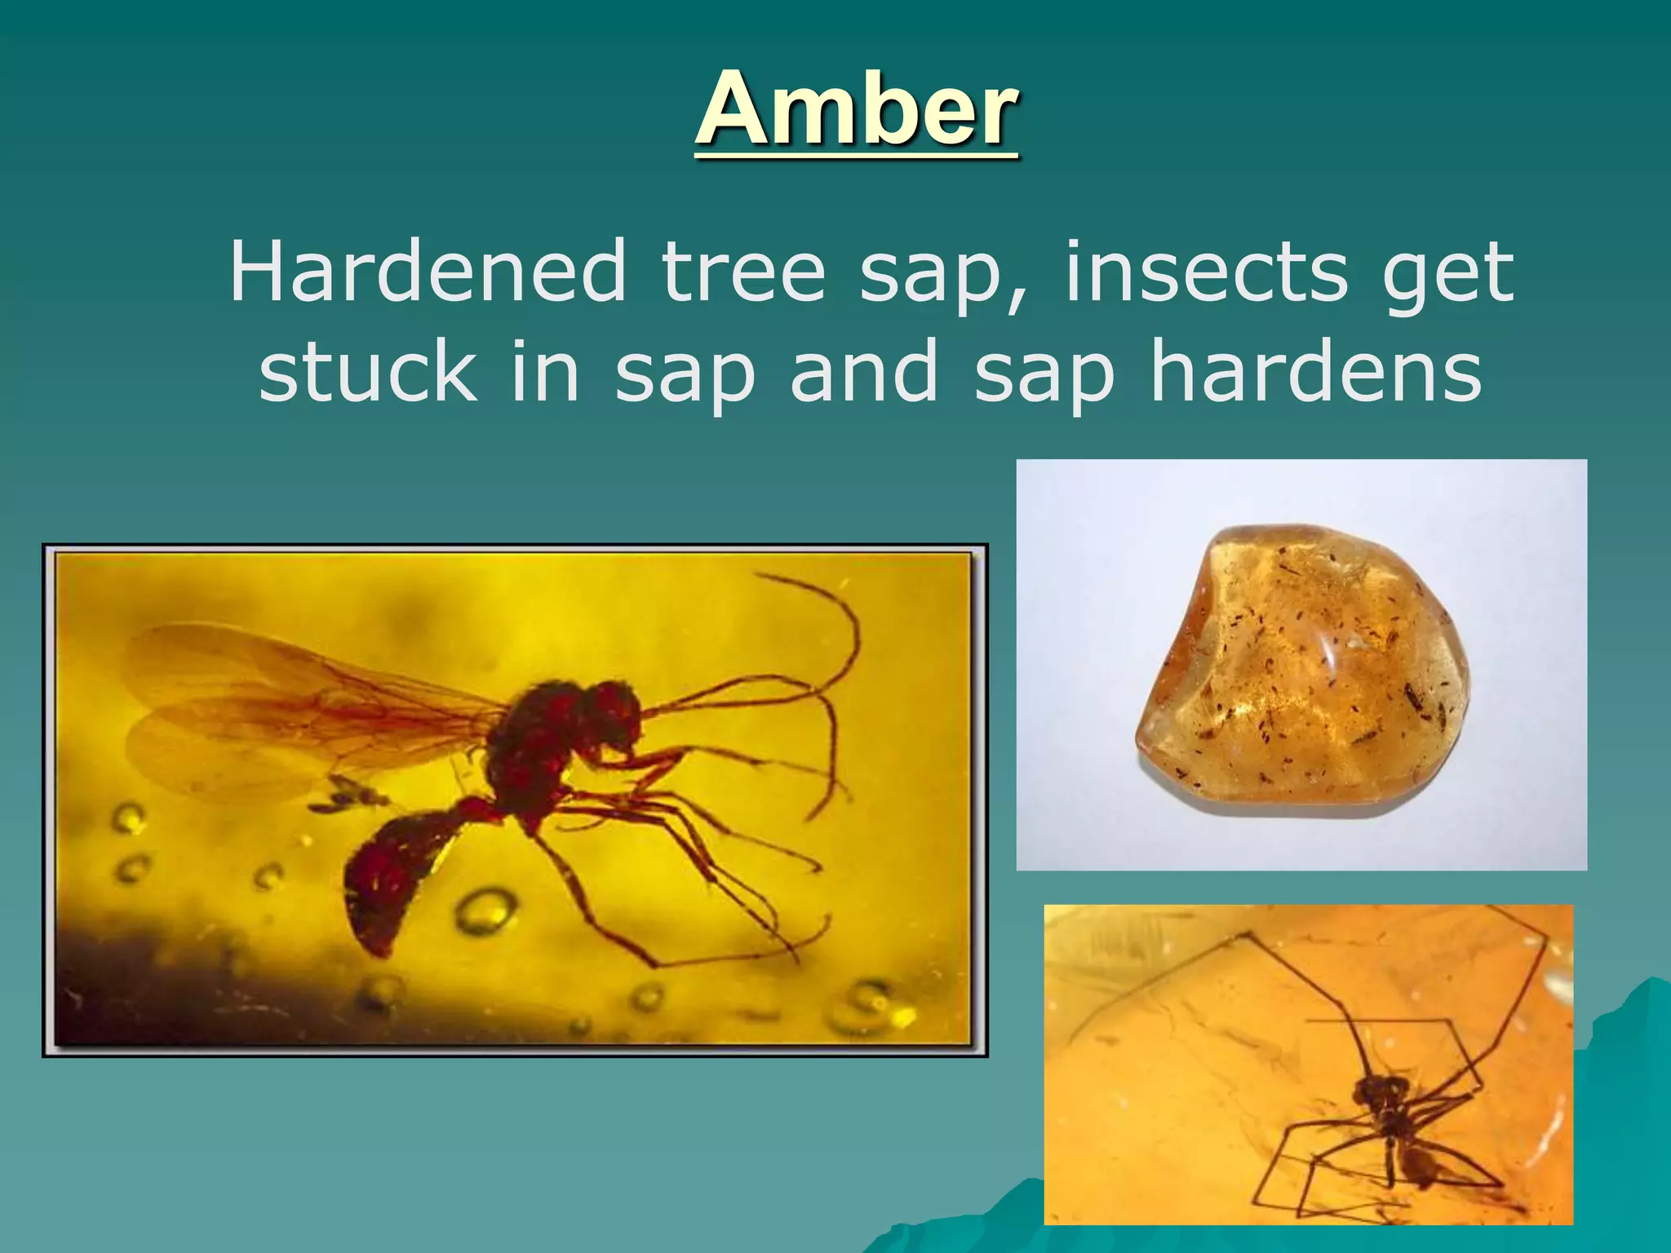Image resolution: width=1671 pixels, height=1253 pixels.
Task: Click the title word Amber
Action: point(856,109)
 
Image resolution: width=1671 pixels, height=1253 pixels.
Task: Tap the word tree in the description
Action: point(743,272)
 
